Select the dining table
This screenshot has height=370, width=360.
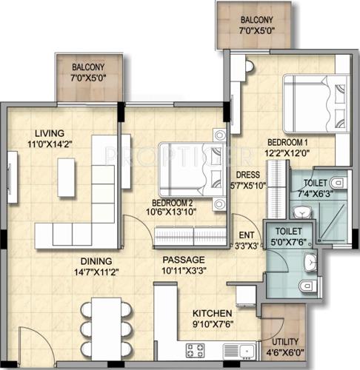(107, 326)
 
